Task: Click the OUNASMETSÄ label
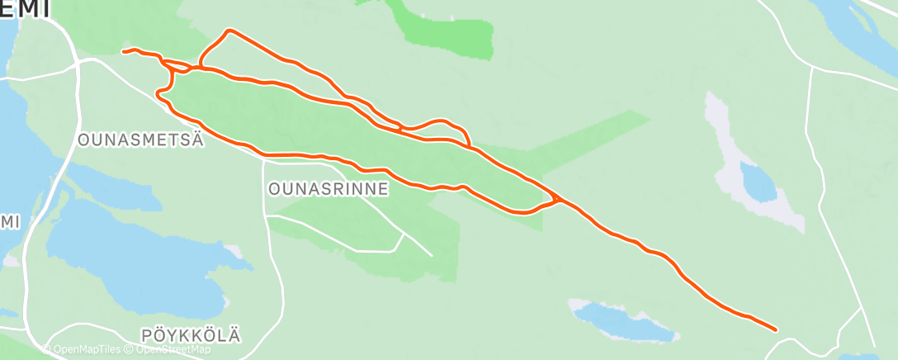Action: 140,140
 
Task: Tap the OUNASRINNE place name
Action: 328,188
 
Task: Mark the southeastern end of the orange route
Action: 776,329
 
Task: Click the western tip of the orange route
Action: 123,52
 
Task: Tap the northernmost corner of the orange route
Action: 230,31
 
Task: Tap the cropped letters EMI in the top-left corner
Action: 25,8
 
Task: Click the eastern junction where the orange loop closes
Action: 559,199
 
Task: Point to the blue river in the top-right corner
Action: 850,25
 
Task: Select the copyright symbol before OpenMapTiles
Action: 47,349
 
